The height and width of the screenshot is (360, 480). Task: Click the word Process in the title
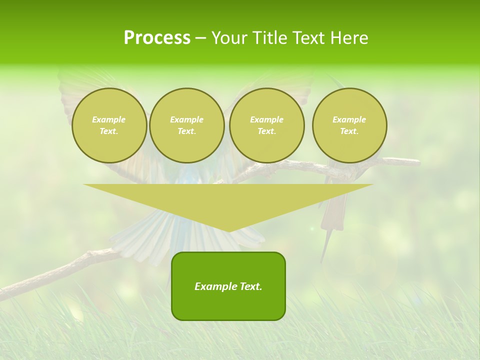click(157, 38)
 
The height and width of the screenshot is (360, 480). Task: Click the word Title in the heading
click(268, 38)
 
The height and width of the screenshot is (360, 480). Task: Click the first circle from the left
click(109, 125)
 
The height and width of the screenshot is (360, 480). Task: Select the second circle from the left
click(186, 125)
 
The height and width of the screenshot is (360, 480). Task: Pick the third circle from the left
click(266, 125)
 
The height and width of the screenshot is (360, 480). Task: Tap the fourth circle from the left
click(349, 125)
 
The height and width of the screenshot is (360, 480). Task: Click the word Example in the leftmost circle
click(109, 119)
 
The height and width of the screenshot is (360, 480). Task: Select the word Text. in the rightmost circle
click(349, 131)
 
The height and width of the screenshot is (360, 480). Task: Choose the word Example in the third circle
click(266, 119)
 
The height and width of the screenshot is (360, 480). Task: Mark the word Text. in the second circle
click(186, 131)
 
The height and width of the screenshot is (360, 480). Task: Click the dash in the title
click(200, 38)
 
